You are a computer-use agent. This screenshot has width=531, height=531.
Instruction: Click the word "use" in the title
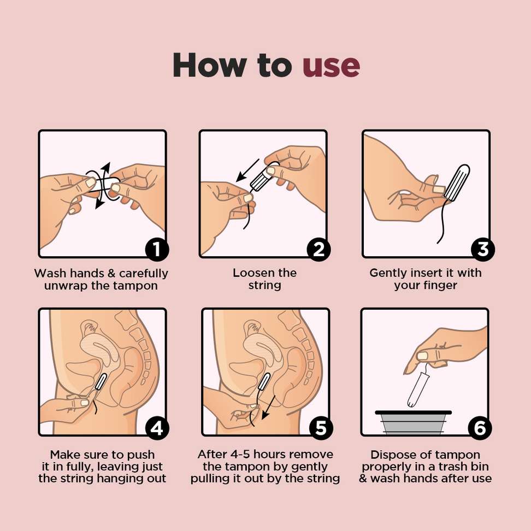tap(331, 66)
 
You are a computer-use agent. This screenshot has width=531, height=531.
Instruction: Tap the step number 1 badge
tap(157, 250)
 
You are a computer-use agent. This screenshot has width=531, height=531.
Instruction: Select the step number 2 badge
tap(318, 250)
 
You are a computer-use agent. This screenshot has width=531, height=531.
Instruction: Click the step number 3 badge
tap(482, 250)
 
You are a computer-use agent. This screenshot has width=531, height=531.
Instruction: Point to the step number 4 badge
tap(157, 428)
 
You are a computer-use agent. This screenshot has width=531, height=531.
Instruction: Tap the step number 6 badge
tap(480, 428)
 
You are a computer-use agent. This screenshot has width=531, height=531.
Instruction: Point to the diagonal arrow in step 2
tap(249, 173)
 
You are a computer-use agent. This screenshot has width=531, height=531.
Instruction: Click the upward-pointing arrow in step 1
tap(105, 169)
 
